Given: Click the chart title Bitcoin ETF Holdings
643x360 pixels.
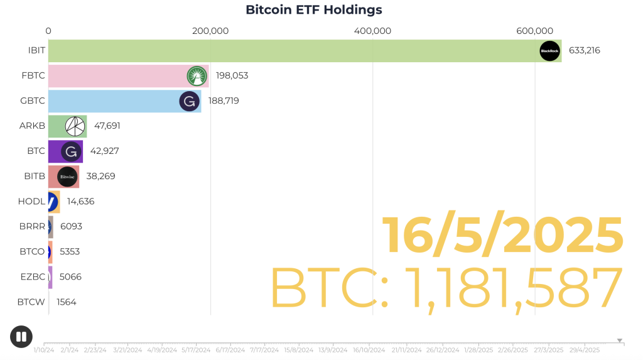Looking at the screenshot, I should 313,10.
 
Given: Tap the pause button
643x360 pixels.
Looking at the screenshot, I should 21,337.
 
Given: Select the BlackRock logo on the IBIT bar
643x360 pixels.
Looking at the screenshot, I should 549,51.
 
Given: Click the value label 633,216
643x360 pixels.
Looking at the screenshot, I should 584,50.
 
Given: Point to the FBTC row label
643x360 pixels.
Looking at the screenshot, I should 33,75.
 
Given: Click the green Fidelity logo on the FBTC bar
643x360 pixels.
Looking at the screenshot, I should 197,76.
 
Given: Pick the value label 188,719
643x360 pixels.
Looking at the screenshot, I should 224,101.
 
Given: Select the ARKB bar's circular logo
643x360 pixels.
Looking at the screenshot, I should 75,126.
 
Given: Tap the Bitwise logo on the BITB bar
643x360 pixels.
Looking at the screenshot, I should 67,177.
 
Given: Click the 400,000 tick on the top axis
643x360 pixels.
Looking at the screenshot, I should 372,31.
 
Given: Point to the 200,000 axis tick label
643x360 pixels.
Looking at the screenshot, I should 210,31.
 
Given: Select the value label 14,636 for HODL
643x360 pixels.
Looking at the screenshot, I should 80,201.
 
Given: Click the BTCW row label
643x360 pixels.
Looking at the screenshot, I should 31,302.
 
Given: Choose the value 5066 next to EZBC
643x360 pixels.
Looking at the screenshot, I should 70,276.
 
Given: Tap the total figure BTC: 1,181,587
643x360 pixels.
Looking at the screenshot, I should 446,288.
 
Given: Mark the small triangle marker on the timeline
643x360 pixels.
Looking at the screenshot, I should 620,341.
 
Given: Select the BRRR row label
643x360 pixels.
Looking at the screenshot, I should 32,226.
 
